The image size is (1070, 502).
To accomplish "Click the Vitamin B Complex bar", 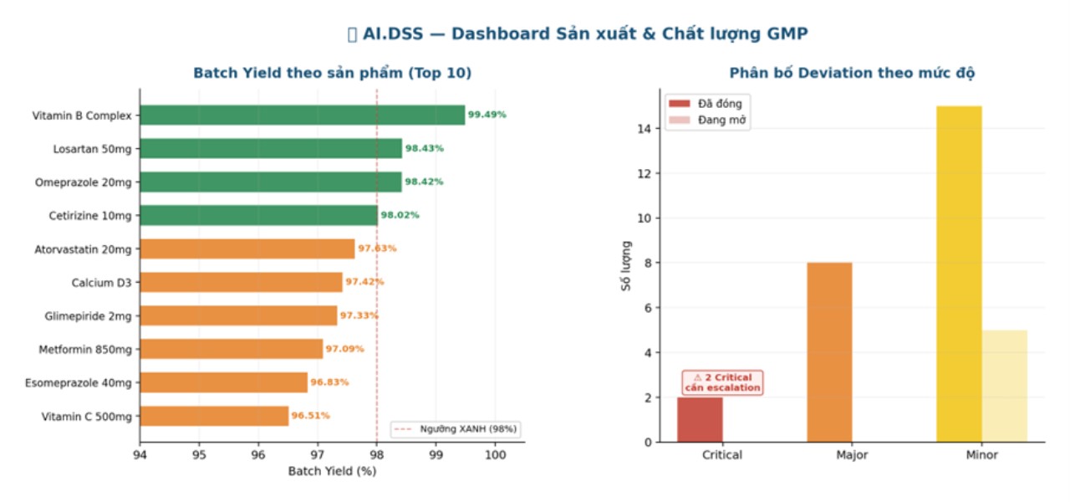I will point(301,115).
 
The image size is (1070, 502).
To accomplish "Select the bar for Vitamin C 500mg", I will point(214,416).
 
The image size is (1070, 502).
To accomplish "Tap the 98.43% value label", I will point(425,148).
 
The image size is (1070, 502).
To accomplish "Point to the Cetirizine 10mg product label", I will point(90,216).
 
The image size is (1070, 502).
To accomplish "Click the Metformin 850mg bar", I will point(231,349).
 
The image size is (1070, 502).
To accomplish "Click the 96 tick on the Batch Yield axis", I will point(258,455).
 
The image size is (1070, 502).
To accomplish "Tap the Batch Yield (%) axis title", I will point(332,471).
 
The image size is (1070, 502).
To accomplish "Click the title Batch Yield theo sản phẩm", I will point(332,74).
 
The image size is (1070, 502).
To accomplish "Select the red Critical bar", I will point(700,419).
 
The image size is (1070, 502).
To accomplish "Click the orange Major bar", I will point(829,352).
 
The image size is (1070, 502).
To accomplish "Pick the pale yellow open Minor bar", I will point(1004,386).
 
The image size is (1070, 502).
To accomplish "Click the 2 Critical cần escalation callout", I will point(722,382).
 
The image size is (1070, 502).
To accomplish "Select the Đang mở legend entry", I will point(706,120).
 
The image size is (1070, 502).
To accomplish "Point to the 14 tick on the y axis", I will point(641,129).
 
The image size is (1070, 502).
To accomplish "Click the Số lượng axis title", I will point(626,266).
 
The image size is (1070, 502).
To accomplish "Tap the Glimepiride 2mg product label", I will point(88,316).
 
